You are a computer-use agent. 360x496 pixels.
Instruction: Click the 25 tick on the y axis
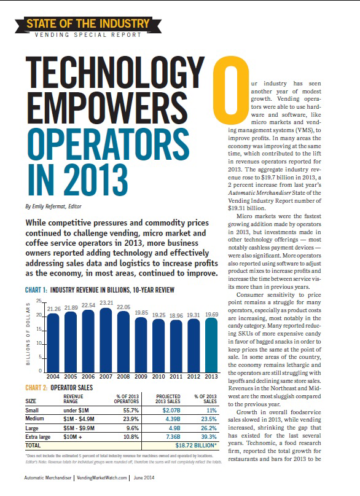(x=38, y=301)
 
